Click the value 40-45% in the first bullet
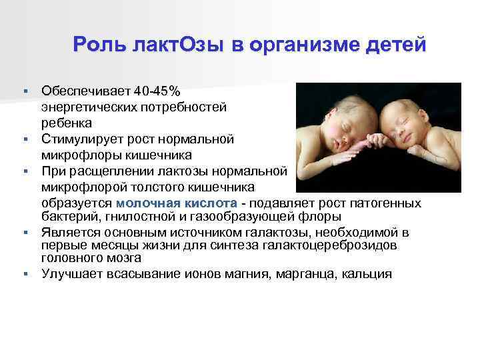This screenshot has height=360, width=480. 160,89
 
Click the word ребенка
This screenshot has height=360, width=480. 66,123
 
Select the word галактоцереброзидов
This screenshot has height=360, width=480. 342,245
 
